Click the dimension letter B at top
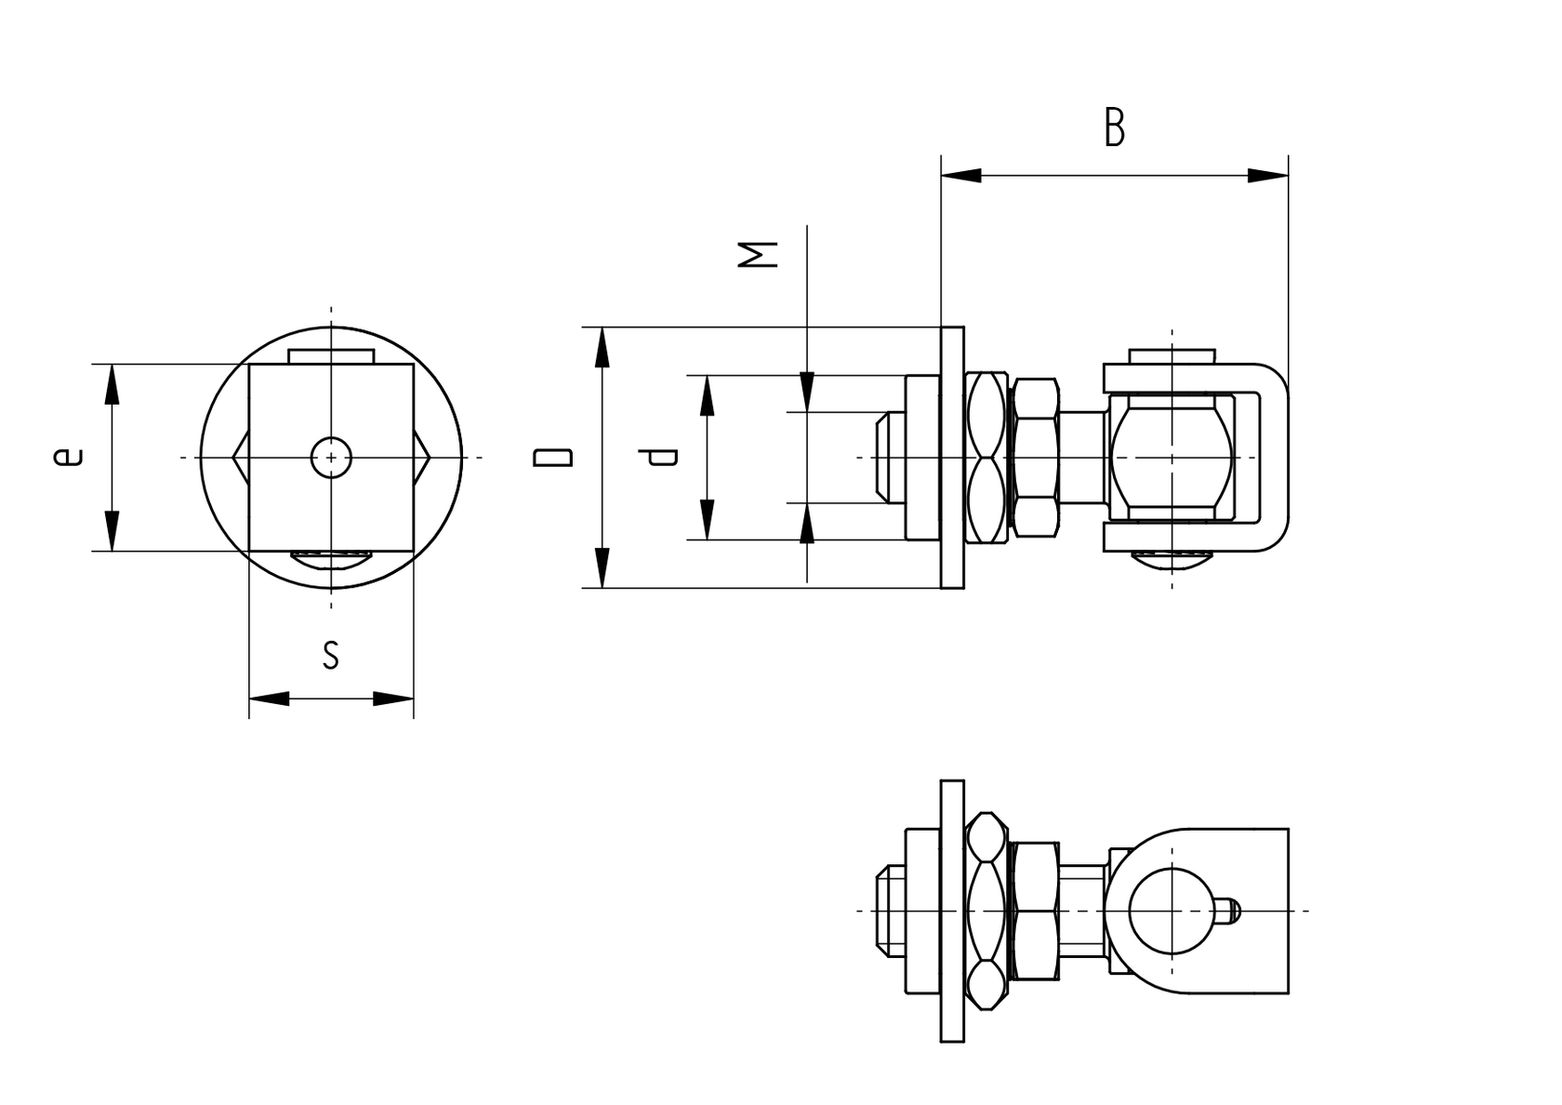(x=1114, y=128)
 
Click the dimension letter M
(x=758, y=254)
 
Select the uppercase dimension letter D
(x=552, y=457)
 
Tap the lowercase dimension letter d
(x=662, y=457)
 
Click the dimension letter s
(x=330, y=654)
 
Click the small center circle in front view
(x=331, y=457)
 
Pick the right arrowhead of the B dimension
(x=1268, y=175)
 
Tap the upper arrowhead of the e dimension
(x=112, y=383)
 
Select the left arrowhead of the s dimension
(x=270, y=698)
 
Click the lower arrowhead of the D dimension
(x=602, y=567)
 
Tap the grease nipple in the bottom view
(x=1226, y=910)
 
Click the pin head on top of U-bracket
(x=1171, y=356)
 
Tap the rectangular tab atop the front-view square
(x=331, y=356)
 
